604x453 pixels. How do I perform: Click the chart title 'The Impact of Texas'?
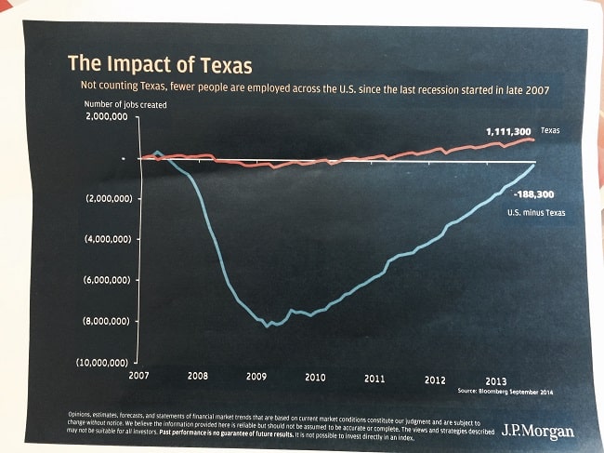click(160, 65)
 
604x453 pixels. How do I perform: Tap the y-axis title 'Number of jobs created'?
click(126, 105)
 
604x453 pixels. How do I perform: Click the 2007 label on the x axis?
click(139, 377)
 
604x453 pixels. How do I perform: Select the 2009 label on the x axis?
click(256, 378)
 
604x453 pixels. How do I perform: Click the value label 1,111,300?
click(508, 132)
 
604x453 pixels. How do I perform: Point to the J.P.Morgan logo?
click(538, 431)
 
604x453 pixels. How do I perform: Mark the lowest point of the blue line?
click(268, 326)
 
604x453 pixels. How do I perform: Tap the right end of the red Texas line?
click(534, 140)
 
